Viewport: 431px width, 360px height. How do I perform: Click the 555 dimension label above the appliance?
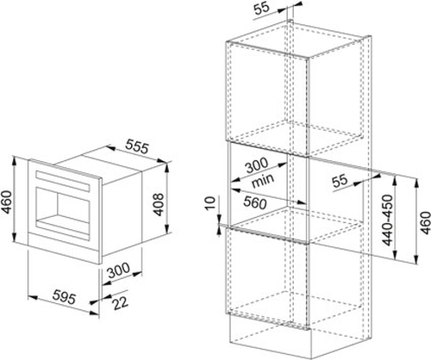click(137, 146)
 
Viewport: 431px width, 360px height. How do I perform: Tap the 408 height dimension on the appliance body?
click(158, 204)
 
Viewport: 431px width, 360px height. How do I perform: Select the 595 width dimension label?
click(65, 298)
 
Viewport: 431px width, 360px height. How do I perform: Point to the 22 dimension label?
click(120, 303)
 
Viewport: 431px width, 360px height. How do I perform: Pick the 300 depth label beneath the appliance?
click(118, 270)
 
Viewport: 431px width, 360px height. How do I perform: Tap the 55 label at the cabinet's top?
click(262, 8)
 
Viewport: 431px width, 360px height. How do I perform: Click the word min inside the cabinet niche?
click(263, 180)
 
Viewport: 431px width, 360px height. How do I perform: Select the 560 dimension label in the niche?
click(254, 202)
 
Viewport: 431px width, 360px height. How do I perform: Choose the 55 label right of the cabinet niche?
click(340, 182)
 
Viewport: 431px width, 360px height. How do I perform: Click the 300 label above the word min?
click(256, 165)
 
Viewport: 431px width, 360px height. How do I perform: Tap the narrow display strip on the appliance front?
click(63, 181)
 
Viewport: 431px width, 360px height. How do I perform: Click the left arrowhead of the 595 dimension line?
click(32, 298)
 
